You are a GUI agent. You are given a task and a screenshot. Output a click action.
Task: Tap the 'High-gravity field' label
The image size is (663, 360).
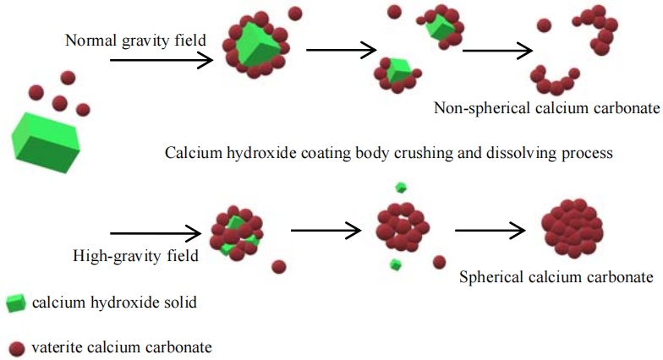tap(135, 254)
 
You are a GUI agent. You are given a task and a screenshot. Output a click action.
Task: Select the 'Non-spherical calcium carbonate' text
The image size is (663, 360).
tap(545, 108)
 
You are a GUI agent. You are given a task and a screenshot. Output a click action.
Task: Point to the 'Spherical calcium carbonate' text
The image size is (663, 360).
tap(556, 276)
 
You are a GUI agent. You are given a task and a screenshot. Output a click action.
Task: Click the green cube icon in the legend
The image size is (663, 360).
tap(14, 303)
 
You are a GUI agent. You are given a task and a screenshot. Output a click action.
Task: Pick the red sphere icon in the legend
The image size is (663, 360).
tap(15, 346)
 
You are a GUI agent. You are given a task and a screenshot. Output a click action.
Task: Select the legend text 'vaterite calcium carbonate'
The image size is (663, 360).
tap(122, 346)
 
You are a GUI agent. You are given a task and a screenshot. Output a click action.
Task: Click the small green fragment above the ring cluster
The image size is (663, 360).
tap(401, 188)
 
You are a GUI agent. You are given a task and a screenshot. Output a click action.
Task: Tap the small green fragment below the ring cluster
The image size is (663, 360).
tap(395, 265)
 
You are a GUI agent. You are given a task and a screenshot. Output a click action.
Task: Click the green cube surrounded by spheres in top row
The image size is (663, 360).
tap(255, 48)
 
